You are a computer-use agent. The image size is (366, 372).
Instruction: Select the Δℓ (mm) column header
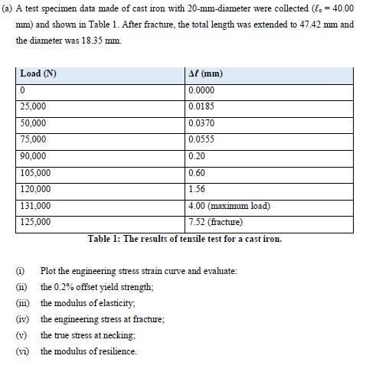point(205,74)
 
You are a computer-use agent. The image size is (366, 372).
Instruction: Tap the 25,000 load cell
point(33,106)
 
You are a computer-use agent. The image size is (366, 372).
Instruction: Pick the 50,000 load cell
point(33,123)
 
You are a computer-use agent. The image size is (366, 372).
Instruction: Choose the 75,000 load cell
point(33,139)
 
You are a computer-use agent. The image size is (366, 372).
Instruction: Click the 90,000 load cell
point(33,156)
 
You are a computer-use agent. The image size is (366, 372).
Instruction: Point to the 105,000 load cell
point(34,172)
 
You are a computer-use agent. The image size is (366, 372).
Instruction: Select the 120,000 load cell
point(34,189)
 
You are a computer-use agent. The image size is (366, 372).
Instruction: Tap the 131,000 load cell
point(34,205)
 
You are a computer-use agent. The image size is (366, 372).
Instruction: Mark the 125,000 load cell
point(34,222)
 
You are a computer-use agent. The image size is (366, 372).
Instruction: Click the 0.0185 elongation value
point(201,106)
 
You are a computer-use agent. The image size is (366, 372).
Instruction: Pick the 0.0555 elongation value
point(201,139)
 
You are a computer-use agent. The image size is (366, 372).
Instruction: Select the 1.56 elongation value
point(196,189)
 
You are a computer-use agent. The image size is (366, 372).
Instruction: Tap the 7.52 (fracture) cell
point(215,222)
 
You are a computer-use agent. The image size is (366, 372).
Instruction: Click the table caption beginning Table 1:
point(185,238)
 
